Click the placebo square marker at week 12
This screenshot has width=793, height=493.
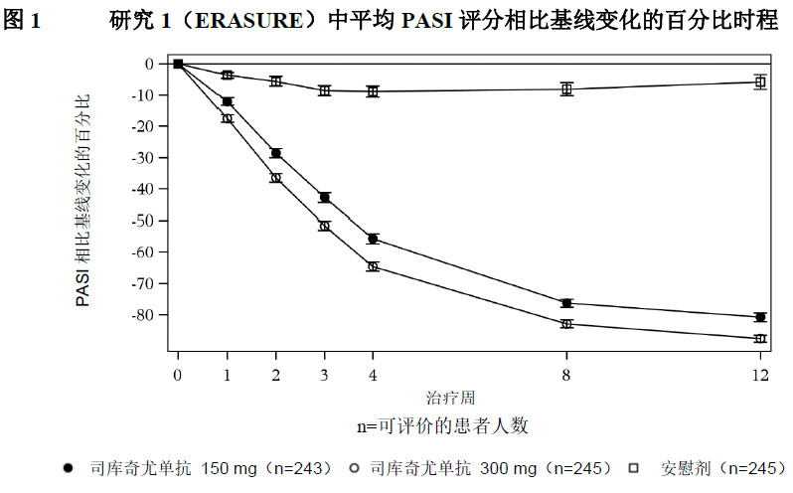(760, 82)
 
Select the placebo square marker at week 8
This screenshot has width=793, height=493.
(566, 88)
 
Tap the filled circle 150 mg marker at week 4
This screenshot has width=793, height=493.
(373, 239)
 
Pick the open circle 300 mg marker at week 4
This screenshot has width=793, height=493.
(373, 266)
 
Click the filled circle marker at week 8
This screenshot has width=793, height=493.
(566, 303)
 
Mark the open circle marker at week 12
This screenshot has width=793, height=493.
(760, 339)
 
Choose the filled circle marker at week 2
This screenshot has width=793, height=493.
(275, 153)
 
